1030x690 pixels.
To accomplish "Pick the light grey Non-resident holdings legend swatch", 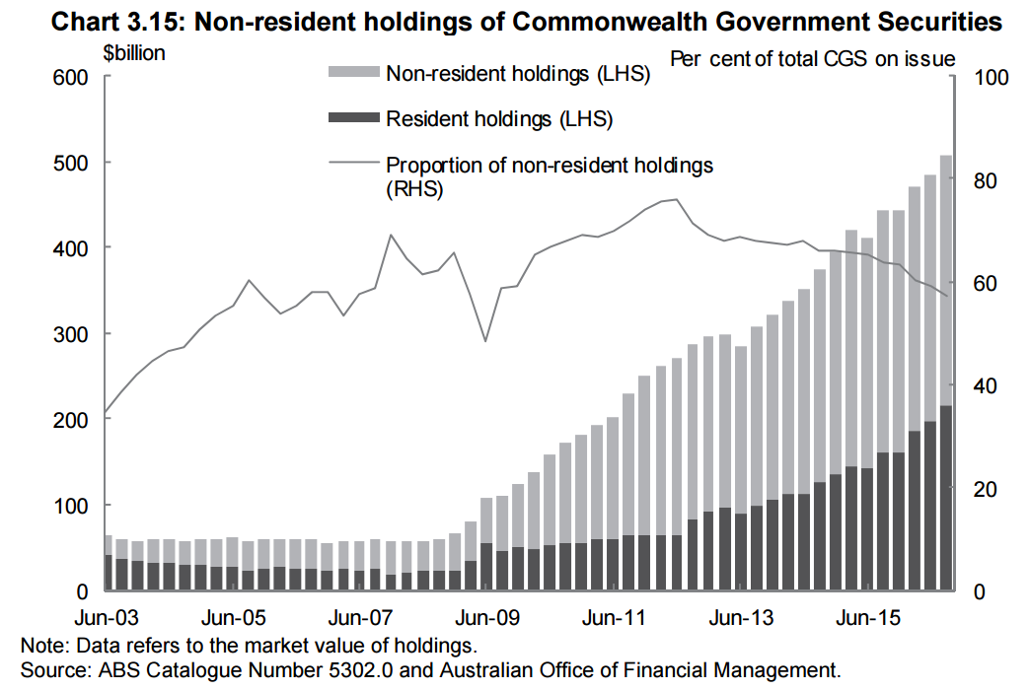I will coord(352,72).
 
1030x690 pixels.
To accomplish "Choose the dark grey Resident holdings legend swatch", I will coord(352,119).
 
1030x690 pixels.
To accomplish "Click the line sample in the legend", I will coord(352,165).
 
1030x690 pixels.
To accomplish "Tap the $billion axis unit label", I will coord(134,53).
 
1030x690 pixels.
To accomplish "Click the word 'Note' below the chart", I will coord(40,647).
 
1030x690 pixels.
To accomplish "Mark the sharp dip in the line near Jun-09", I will coord(485,341).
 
